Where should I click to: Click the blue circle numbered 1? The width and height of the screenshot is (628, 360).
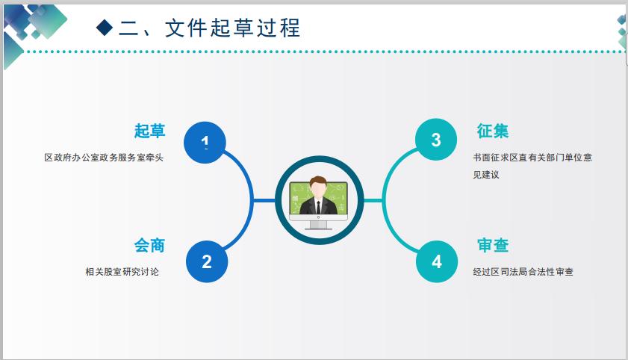click(x=205, y=143)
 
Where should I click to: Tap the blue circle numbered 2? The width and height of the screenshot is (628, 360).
click(x=207, y=261)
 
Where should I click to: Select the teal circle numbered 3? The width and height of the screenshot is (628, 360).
click(x=436, y=140)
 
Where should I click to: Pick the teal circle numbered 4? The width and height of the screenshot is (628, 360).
click(x=437, y=261)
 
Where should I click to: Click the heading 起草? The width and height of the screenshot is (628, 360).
click(x=149, y=131)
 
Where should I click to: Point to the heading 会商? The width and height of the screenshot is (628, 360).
click(x=149, y=245)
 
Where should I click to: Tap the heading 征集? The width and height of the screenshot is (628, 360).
click(x=493, y=131)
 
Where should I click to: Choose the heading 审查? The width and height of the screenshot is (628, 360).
click(x=493, y=245)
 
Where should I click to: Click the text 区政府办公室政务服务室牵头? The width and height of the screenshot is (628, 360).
click(x=104, y=158)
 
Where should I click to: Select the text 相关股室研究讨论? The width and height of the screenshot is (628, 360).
click(x=122, y=272)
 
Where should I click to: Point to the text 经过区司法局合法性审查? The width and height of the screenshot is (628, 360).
click(x=523, y=272)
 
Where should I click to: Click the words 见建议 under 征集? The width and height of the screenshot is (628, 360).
click(x=486, y=175)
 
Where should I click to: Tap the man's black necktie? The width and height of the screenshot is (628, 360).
click(x=318, y=208)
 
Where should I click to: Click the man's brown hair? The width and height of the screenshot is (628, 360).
click(x=318, y=181)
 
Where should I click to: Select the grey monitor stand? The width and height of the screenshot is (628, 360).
click(x=318, y=225)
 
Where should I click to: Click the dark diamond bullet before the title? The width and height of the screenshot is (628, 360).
click(x=105, y=28)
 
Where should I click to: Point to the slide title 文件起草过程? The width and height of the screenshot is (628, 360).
click(x=232, y=28)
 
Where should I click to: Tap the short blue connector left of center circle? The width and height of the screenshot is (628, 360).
click(x=264, y=200)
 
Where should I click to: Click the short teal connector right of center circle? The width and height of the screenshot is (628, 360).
click(x=373, y=200)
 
